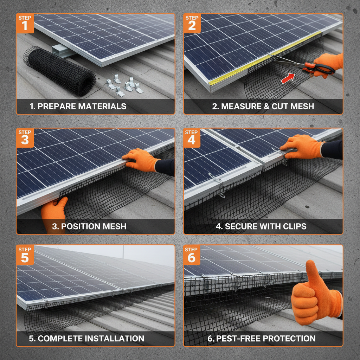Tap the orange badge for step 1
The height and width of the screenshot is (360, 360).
(x=25, y=23)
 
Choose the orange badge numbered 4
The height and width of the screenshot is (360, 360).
(x=192, y=137)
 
